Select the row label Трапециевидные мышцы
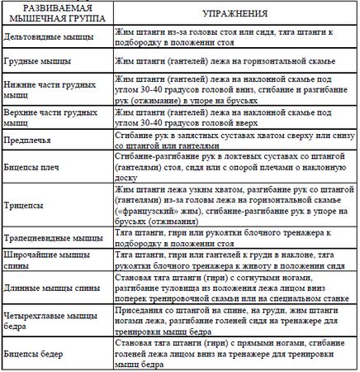click(52, 238)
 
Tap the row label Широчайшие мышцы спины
click(47, 262)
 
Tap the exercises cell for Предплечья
click(234, 141)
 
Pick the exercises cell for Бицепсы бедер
click(234, 354)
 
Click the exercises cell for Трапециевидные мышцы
click(234, 238)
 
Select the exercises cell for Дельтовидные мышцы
click(234, 38)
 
